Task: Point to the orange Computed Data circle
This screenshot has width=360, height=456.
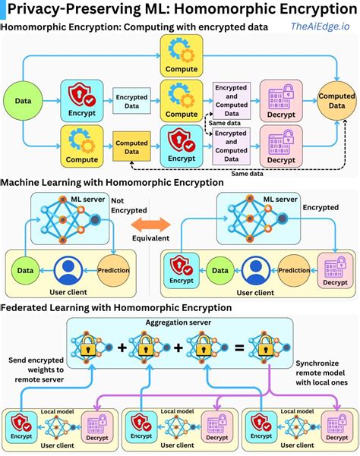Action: coord(336,101)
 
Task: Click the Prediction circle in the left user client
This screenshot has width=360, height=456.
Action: coord(115,270)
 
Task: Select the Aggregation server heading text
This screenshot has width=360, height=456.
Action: coord(179,322)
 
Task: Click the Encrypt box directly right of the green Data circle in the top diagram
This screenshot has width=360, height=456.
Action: coord(82,102)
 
